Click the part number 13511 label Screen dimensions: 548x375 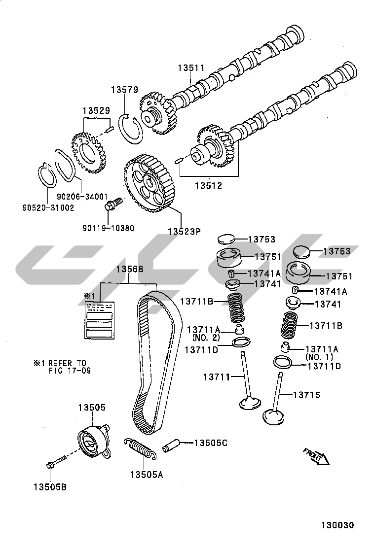coord(191,68)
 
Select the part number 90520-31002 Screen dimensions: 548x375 coord(48,208)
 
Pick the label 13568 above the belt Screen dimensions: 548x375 coord(130,269)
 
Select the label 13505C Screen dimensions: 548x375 coord(210,443)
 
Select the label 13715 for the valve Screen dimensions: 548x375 coord(306,395)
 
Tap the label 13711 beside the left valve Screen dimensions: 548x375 coord(217,377)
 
